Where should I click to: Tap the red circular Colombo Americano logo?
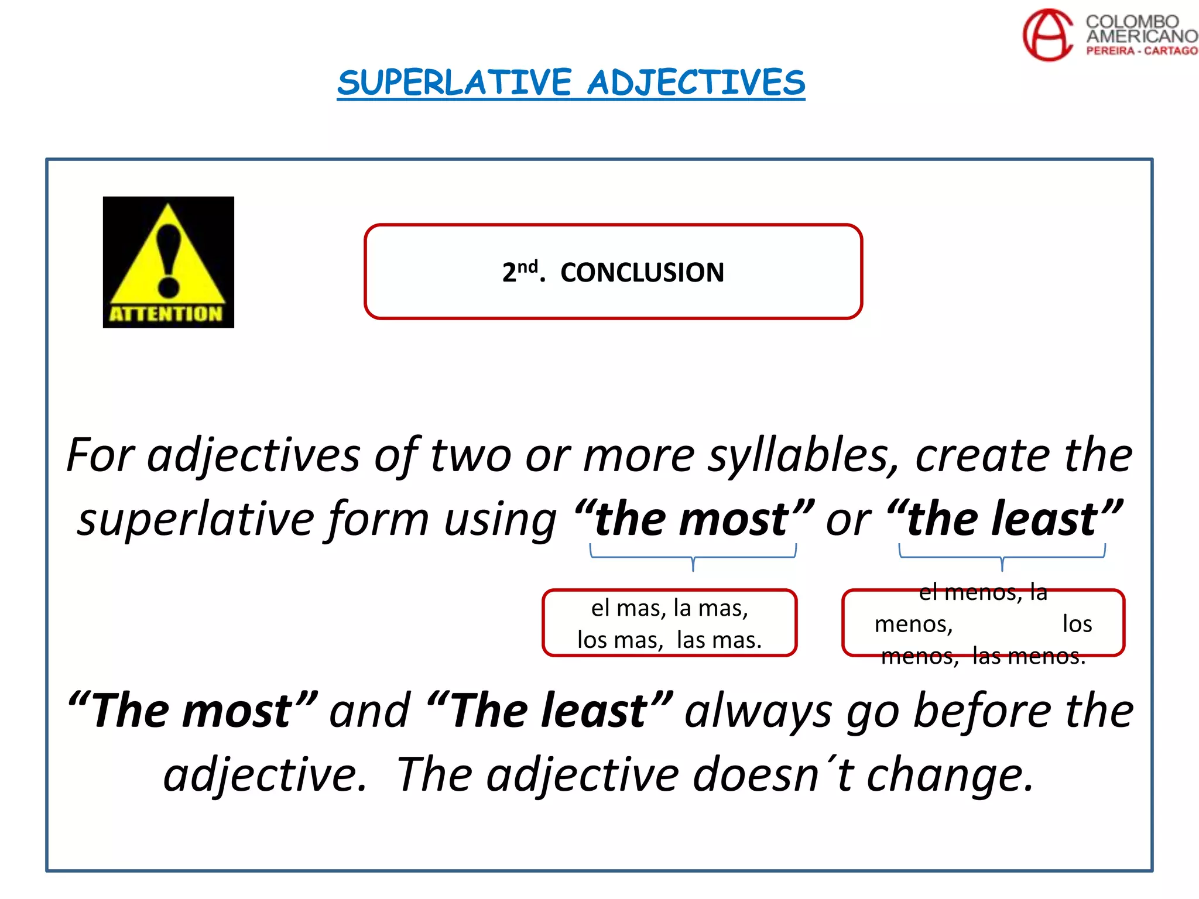coord(1048,35)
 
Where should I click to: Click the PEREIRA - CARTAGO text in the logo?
coord(1142,51)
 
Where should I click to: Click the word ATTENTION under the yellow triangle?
coord(167,314)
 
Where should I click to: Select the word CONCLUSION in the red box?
coord(642,273)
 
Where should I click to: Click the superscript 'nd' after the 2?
coord(527,267)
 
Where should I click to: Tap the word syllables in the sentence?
coord(803,455)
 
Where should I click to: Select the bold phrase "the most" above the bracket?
coord(693,520)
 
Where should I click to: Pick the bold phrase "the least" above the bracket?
coord(1003,520)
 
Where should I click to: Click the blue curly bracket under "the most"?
coord(693,556)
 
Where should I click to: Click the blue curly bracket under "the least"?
coord(1002,556)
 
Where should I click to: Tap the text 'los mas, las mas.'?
coord(670,640)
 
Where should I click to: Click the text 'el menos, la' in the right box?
coord(983,592)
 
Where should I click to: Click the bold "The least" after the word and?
coord(549,711)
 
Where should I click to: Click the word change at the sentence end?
coord(948,774)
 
